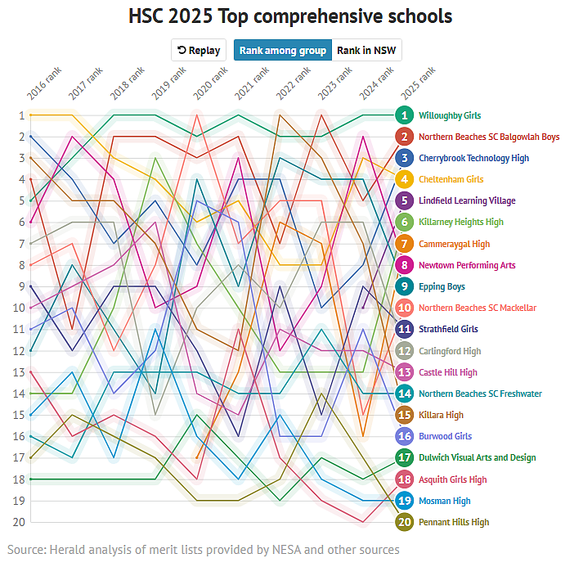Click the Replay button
(x=198, y=50)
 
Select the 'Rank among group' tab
(x=283, y=50)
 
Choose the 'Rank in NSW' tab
(x=367, y=50)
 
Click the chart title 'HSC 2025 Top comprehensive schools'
(x=290, y=16)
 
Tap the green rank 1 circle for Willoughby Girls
(x=404, y=115)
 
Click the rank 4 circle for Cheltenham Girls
(x=404, y=179)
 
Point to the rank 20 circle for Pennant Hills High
(x=404, y=522)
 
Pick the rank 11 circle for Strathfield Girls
(x=404, y=329)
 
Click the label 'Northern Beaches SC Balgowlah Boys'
(x=489, y=137)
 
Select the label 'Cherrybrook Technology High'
(x=473, y=158)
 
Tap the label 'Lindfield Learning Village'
(x=467, y=200)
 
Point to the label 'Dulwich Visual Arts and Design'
(x=477, y=457)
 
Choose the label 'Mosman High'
(x=444, y=501)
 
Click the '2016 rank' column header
(x=44, y=83)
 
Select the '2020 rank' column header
(x=210, y=83)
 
